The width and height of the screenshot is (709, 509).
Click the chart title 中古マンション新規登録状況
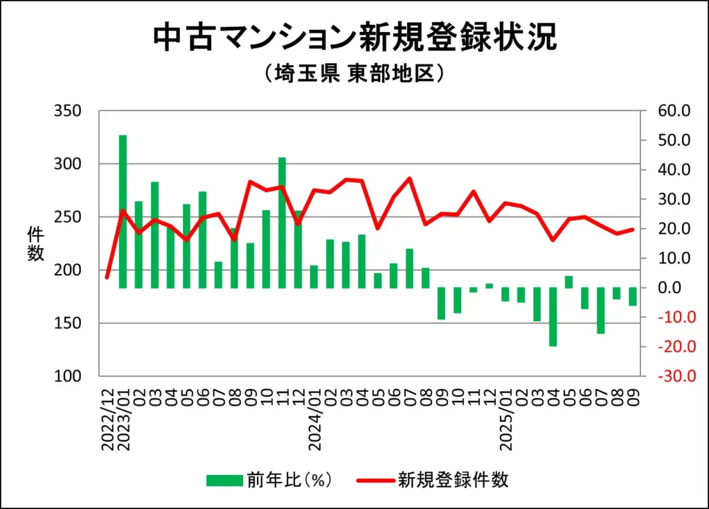click(354, 37)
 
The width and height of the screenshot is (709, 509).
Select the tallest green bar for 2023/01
click(123, 211)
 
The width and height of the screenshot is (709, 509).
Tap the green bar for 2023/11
click(282, 222)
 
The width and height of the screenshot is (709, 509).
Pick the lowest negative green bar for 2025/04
click(553, 316)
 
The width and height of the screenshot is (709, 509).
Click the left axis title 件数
click(35, 243)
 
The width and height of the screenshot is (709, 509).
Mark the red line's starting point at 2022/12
click(107, 277)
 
